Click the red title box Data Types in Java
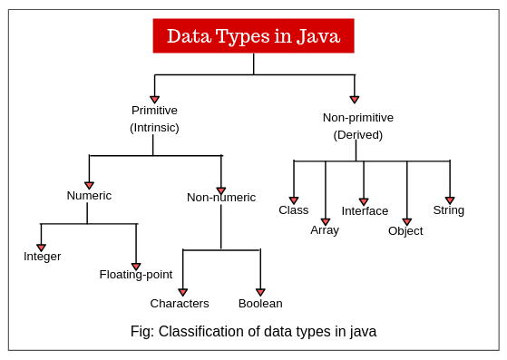(x=253, y=36)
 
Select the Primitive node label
(x=154, y=111)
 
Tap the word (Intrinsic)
(x=154, y=128)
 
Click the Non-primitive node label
(x=357, y=118)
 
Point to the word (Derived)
(x=357, y=135)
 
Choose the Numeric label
(x=89, y=196)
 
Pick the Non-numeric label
(x=221, y=198)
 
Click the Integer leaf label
(x=43, y=257)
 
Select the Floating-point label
(x=136, y=275)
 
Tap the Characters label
(x=180, y=304)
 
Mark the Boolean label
(x=260, y=304)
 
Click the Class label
(x=294, y=210)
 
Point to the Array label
(x=325, y=230)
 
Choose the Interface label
(x=365, y=211)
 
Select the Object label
(x=405, y=231)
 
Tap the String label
(x=448, y=210)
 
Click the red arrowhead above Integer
(x=41, y=248)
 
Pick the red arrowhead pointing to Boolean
(x=260, y=292)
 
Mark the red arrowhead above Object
(x=406, y=221)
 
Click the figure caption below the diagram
(x=253, y=331)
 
